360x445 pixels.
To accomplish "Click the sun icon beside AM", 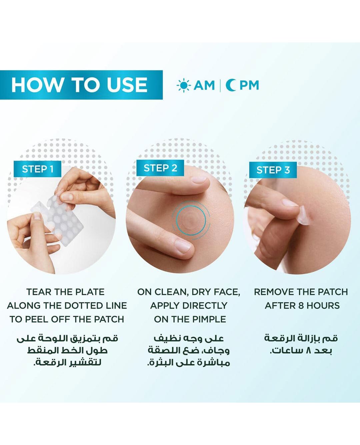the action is click(x=183, y=85).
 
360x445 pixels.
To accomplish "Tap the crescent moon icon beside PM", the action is click(x=231, y=85).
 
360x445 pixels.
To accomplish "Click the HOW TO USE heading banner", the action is click(x=81, y=85).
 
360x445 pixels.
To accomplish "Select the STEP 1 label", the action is click(x=38, y=169).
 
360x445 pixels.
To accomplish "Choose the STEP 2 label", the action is click(x=160, y=168).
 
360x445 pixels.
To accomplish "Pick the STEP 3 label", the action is click(x=273, y=170).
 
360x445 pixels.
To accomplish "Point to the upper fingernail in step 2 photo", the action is click(x=199, y=179).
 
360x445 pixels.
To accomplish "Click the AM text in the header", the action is click(x=204, y=85).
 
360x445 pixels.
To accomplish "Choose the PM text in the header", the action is click(x=249, y=85).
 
